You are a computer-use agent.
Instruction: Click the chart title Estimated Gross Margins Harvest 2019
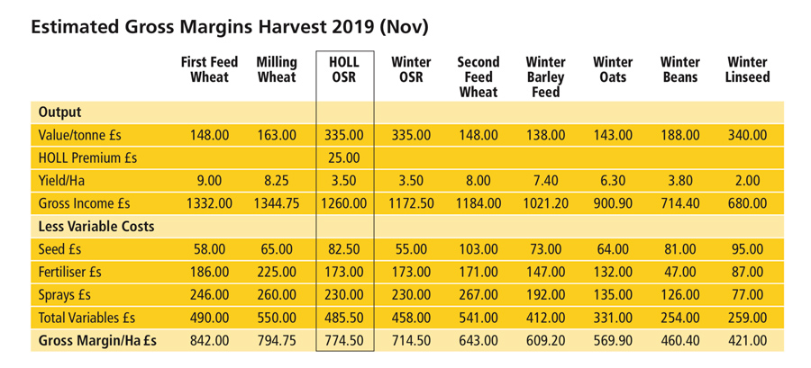(x=229, y=26)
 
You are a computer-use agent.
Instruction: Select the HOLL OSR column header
(x=344, y=69)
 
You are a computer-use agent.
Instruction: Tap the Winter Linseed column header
(x=748, y=69)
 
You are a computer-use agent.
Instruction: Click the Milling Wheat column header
(x=277, y=69)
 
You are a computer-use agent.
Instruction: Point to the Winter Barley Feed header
(x=546, y=76)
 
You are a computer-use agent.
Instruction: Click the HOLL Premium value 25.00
(x=344, y=157)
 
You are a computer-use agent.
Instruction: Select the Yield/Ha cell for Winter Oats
(x=613, y=181)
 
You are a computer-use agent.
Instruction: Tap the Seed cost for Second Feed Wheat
(x=478, y=249)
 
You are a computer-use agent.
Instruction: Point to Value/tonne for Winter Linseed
(x=748, y=135)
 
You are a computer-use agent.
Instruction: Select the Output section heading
(x=59, y=112)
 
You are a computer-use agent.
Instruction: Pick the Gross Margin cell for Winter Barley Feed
(x=546, y=341)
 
